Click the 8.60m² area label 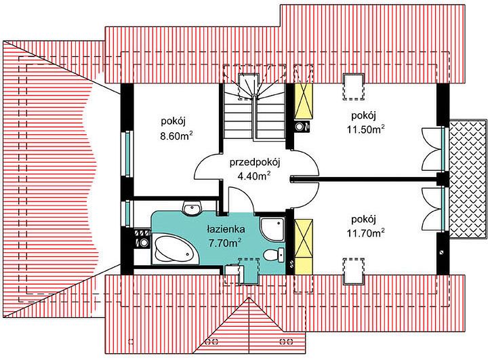176,136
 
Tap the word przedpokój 256,163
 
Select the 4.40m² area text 253,176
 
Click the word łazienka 226,229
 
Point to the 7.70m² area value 225,243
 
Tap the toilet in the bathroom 274,255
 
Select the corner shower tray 272,229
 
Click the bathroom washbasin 192,208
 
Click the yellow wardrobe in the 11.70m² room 304,247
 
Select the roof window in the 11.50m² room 353,87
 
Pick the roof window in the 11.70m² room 353,271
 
